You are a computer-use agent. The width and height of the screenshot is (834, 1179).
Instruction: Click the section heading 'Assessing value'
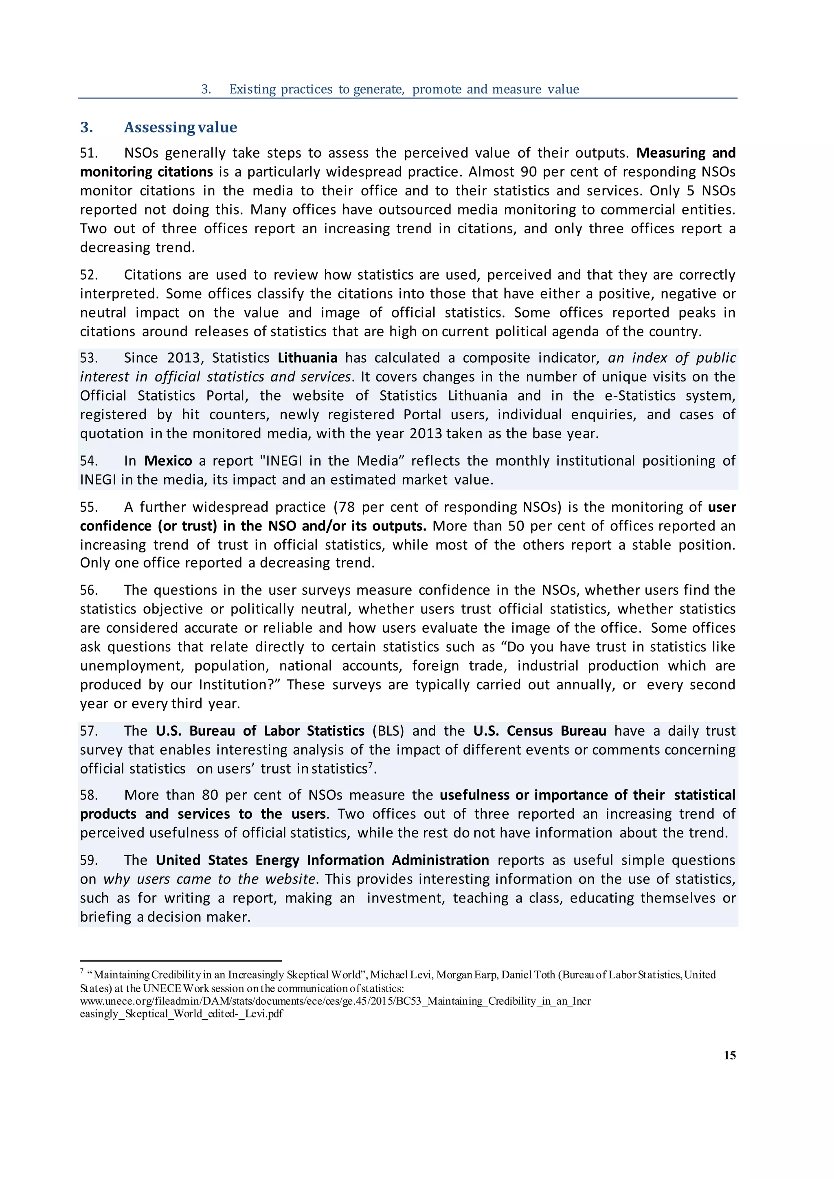pyautogui.click(x=180, y=127)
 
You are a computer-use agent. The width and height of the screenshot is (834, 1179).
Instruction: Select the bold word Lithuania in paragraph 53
pyautogui.click(x=307, y=358)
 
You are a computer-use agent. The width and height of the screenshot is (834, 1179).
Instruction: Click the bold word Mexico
pyautogui.click(x=168, y=460)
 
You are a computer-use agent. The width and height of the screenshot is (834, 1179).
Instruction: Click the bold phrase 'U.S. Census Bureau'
pyautogui.click(x=539, y=731)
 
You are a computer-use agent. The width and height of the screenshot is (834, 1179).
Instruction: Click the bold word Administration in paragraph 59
pyautogui.click(x=440, y=860)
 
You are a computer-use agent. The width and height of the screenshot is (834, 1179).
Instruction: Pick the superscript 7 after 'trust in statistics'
pyautogui.click(x=370, y=765)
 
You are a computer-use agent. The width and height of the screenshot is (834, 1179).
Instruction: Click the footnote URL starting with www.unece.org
pyautogui.click(x=335, y=1001)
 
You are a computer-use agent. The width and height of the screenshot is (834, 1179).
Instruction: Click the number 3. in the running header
pyautogui.click(x=206, y=89)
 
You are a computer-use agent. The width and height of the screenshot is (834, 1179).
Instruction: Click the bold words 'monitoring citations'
pyautogui.click(x=146, y=172)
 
